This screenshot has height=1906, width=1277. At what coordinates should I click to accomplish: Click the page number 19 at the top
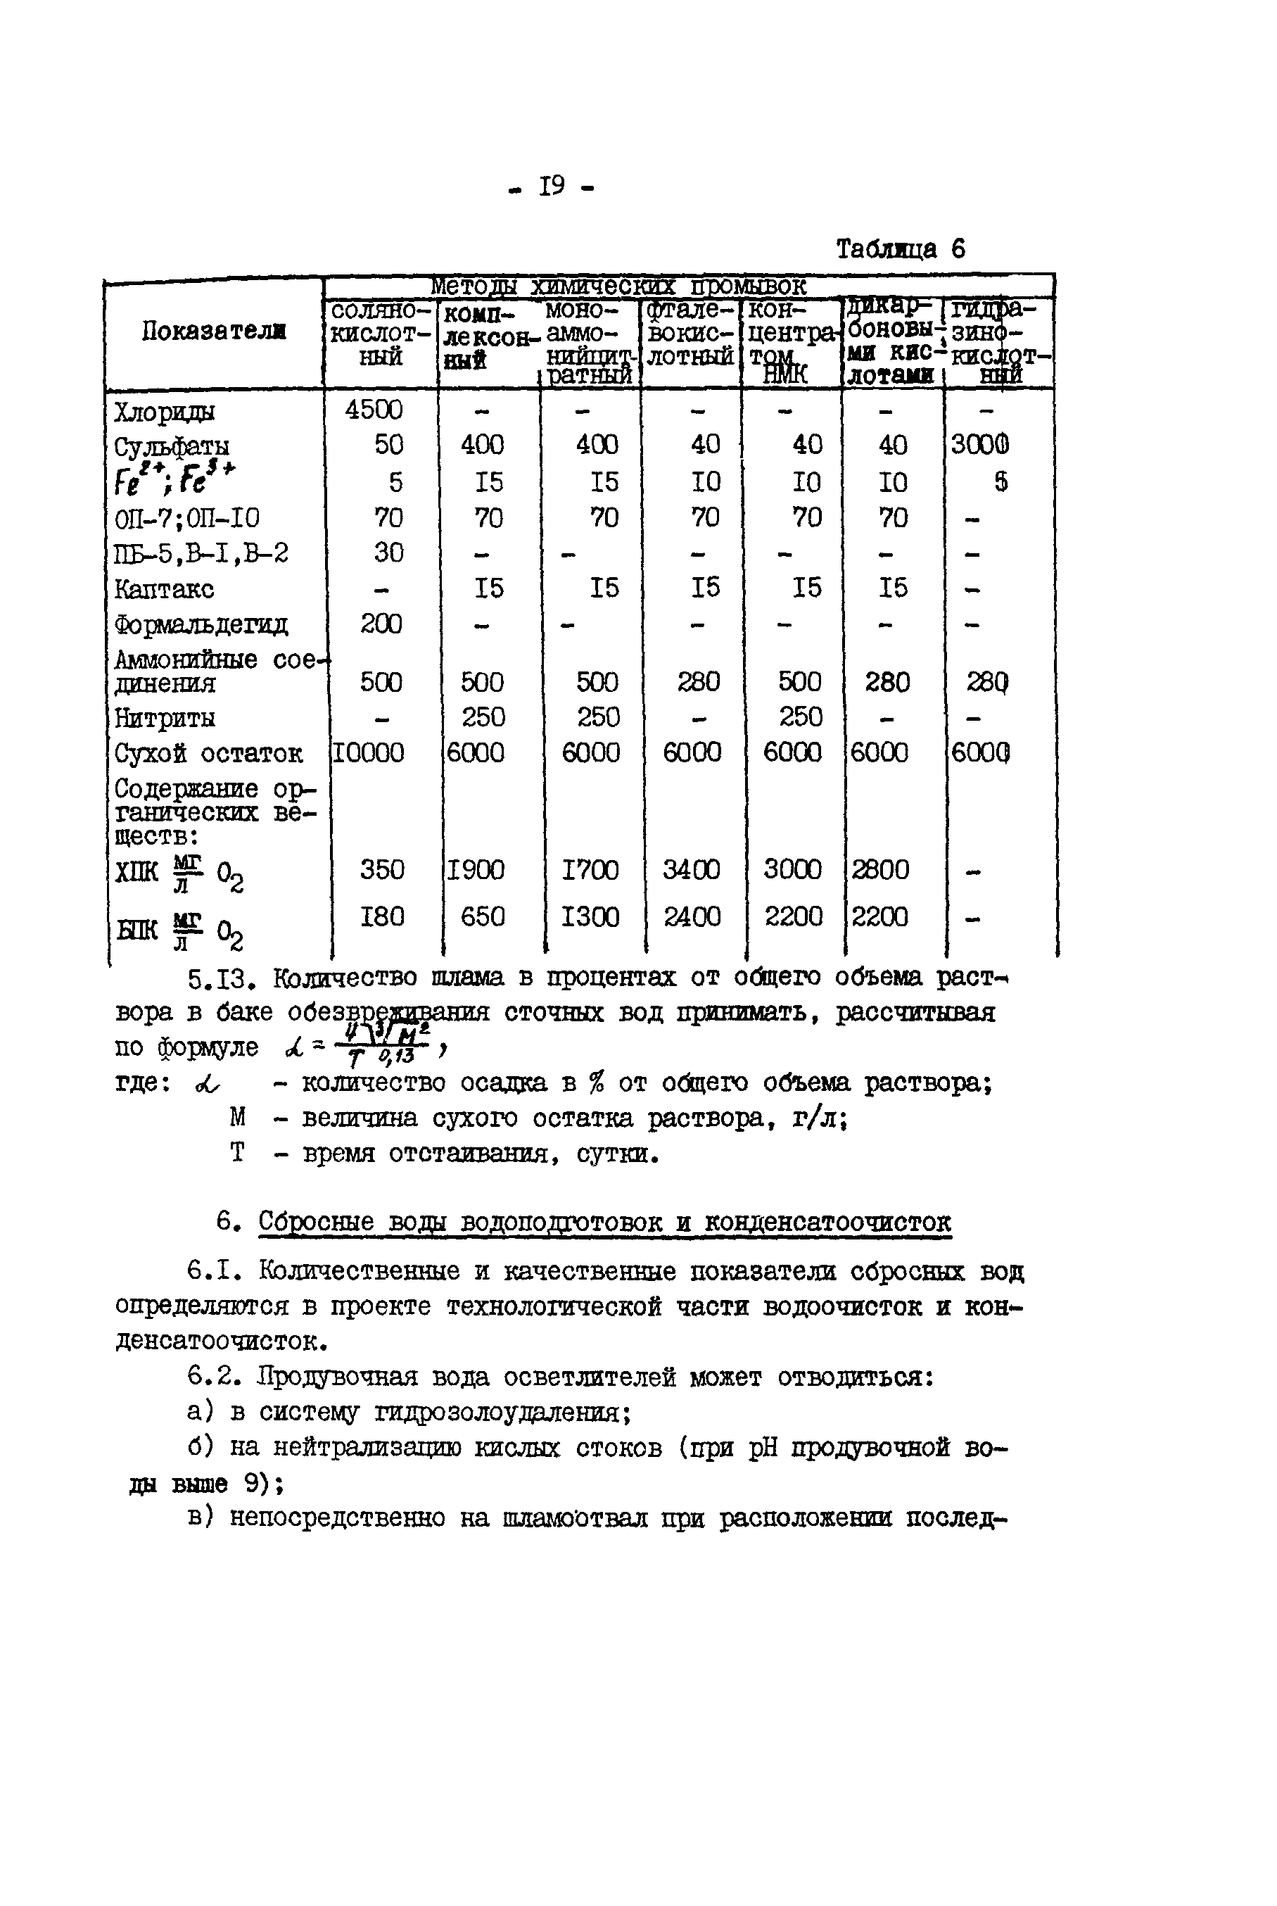552,187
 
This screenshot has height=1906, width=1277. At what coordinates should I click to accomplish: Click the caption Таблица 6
900,248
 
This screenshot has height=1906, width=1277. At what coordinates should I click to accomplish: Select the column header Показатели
213,332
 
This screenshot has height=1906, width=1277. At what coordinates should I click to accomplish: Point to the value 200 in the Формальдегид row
381,624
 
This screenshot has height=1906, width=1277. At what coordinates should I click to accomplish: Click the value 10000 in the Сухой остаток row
367,752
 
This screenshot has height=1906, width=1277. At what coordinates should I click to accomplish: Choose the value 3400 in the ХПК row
691,870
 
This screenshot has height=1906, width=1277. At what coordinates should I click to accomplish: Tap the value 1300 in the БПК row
590,917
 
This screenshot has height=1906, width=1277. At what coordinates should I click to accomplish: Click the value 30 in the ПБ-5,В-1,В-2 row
388,553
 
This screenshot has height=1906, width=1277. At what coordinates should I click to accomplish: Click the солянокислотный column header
381,334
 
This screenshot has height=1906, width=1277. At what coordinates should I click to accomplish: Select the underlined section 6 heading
604,1222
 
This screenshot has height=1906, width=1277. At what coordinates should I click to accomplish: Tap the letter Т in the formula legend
237,1153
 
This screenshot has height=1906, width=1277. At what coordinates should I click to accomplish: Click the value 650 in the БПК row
482,917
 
